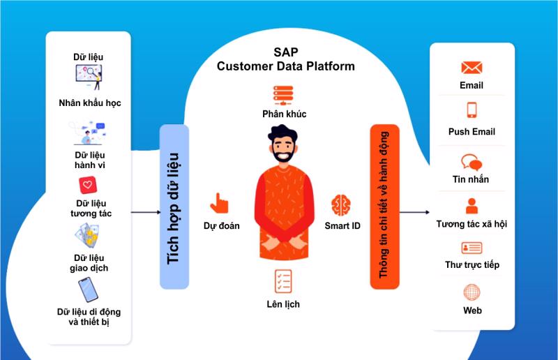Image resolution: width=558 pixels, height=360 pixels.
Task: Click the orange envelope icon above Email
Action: coord(472,68)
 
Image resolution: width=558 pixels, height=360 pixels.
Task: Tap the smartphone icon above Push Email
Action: coord(472,110)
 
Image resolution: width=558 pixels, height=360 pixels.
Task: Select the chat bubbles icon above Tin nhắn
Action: coord(472,162)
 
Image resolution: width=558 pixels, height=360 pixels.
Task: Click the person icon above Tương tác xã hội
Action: coord(472,206)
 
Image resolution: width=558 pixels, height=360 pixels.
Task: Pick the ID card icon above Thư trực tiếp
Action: coord(472,248)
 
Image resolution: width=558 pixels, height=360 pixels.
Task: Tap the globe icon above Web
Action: coord(472,292)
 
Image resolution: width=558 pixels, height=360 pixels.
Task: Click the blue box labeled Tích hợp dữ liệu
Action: coord(174,207)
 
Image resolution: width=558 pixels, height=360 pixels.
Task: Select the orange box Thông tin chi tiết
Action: coord(384,207)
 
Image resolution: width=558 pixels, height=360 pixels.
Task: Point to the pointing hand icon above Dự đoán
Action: coord(220,203)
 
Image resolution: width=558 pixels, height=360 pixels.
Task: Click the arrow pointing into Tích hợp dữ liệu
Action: coord(145,212)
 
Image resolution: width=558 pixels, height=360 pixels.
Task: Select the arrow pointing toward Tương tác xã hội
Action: coord(414,212)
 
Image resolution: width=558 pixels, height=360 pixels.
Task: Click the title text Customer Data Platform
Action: coord(285,67)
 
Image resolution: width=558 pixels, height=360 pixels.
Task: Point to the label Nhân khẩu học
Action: coord(89,103)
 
